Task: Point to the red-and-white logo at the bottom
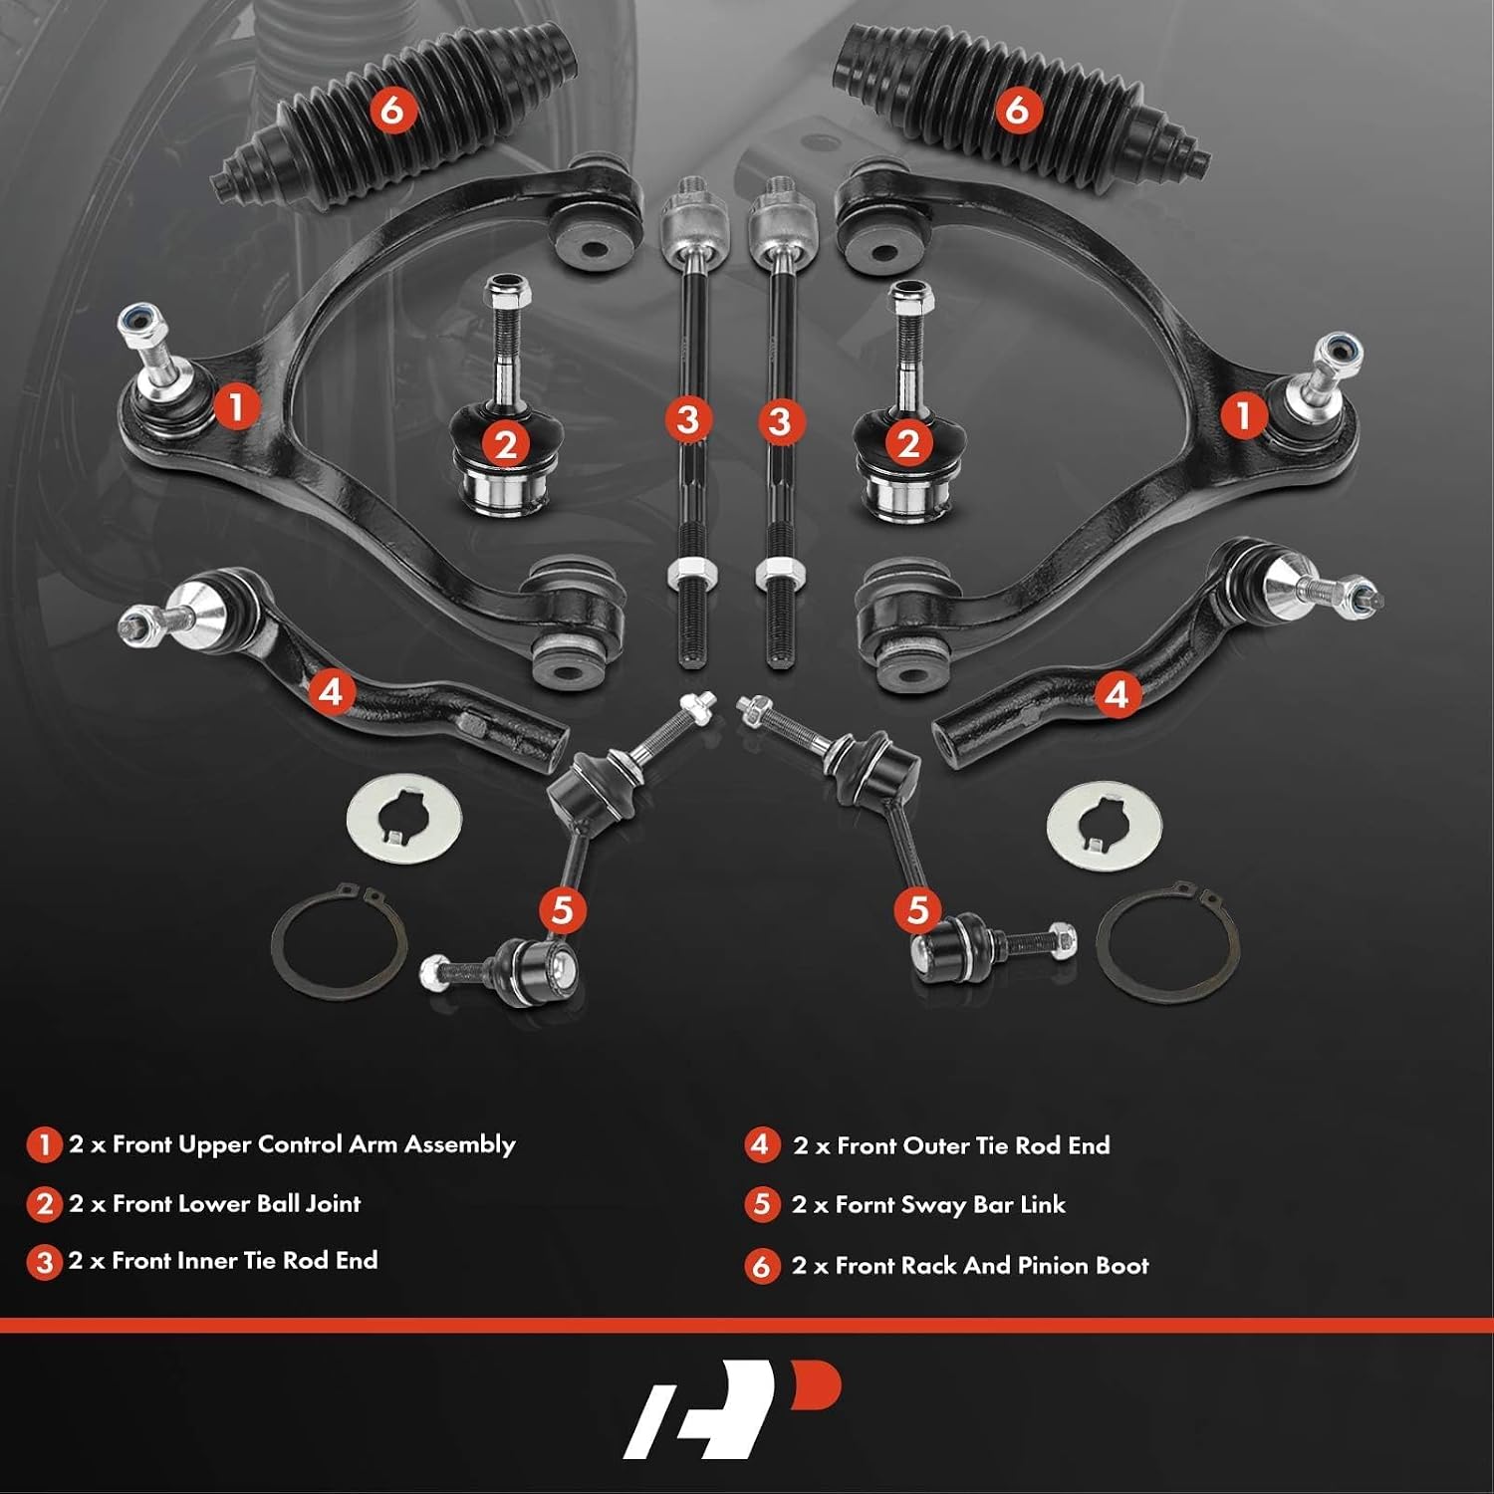point(732,1407)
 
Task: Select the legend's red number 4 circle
point(761,1145)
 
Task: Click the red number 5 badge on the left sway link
point(563,909)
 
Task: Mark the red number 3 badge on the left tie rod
point(688,419)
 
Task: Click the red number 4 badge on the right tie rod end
point(1117,693)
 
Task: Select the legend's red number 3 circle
point(45,1263)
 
